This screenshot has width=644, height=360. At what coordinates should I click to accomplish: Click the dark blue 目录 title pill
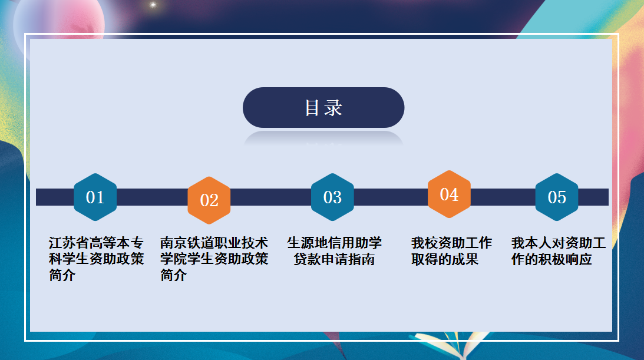[323, 108]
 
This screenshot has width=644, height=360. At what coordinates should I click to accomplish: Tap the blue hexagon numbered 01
[95, 197]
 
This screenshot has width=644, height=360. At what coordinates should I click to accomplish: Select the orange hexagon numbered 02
[209, 200]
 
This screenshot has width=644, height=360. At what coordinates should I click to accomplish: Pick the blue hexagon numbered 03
[332, 197]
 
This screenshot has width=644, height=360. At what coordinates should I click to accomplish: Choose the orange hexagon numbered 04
[450, 194]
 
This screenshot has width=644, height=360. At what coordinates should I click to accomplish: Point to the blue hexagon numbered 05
[557, 197]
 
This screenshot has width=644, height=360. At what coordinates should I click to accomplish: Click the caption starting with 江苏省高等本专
[96, 259]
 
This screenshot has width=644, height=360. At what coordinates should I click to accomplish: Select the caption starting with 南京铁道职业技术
[214, 259]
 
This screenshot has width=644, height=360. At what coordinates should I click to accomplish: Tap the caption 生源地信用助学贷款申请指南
[334, 251]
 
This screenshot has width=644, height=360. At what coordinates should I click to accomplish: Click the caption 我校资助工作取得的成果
[451, 251]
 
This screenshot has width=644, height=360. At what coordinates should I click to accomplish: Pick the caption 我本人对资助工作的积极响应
[559, 251]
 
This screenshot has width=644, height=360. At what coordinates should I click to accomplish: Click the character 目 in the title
[312, 108]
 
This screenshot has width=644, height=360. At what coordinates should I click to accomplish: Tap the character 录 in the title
[333, 108]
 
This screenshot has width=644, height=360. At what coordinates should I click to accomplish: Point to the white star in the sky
[153, 5]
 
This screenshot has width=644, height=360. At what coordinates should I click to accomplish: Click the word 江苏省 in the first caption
[69, 243]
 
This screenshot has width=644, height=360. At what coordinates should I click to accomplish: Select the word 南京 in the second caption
[173, 243]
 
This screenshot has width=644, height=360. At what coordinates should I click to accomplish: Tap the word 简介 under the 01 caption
[62, 275]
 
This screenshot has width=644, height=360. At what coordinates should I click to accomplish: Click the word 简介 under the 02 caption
[173, 275]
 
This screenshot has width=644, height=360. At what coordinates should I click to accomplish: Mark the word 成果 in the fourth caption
[465, 259]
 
